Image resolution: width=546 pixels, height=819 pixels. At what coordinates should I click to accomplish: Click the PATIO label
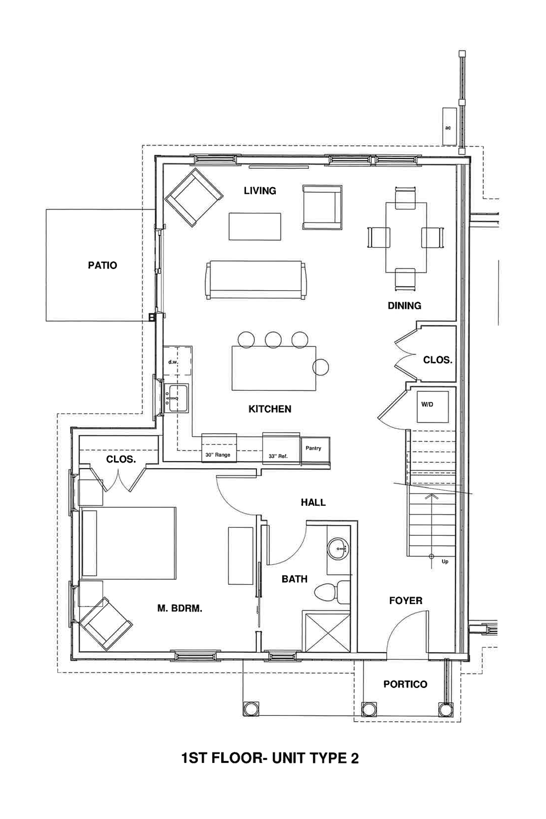tap(102, 265)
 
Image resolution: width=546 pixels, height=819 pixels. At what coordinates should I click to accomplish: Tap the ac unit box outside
tap(449, 127)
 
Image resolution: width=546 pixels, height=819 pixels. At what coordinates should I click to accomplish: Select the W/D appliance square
tap(432, 406)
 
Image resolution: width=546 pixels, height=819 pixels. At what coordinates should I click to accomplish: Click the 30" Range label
tap(218, 455)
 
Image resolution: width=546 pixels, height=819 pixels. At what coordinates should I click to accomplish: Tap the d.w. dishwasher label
tap(173, 362)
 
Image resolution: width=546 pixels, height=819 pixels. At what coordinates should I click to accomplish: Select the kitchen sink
tap(178, 398)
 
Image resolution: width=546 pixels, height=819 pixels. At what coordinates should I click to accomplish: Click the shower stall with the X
tap(327, 633)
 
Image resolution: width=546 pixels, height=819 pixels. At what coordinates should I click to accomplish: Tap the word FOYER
tap(406, 601)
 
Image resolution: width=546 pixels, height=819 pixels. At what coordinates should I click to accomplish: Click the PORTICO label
tap(405, 684)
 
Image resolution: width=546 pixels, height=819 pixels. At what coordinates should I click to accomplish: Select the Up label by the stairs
tap(445, 562)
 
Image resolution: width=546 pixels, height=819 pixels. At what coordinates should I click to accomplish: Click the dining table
tap(406, 238)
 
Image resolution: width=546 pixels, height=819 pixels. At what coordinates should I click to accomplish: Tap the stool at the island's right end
tap(321, 367)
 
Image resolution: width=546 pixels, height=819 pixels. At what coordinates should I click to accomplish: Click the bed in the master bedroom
tap(129, 543)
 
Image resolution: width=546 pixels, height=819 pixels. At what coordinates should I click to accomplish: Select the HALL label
tap(313, 502)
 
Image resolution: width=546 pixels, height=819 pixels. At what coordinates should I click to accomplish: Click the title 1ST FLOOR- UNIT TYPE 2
tap(270, 758)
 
